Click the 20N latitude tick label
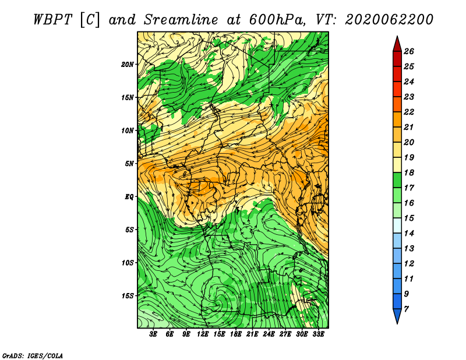tap(127, 65)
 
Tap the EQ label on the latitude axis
tap(129, 197)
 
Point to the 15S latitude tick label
tap(127, 296)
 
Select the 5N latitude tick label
tap(129, 164)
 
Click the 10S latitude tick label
tap(127, 263)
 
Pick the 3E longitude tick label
tap(153, 334)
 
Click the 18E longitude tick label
tap(236, 334)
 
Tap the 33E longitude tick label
tap(318, 334)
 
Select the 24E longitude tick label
tap(269, 334)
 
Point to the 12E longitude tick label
tap(203, 334)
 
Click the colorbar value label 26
tap(409, 51)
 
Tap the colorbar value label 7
tap(406, 309)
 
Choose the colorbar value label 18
tap(409, 172)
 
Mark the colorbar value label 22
tap(409, 112)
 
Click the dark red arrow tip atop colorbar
tap(397, 37)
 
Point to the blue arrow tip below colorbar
tap(397, 323)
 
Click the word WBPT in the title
tap(53, 20)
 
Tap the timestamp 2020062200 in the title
tap(389, 20)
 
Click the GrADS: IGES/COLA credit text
tap(33, 355)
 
